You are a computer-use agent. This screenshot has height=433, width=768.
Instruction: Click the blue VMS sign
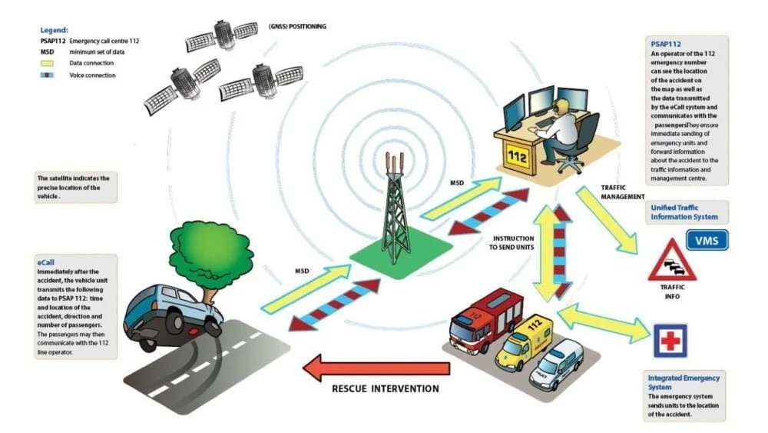pos(707,240)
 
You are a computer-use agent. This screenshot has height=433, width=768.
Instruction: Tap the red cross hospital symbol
pos(670,341)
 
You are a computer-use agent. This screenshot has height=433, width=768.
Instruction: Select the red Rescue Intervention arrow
pos(376,368)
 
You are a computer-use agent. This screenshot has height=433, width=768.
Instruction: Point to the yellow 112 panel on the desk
pos(517,158)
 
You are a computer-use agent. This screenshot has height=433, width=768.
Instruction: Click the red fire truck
pos(486,319)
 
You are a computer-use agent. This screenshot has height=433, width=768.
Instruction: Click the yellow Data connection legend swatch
pos(47,63)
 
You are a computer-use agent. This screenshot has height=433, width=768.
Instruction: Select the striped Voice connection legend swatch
pos(47,75)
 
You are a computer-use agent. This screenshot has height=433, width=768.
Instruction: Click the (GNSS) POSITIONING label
pos(297,26)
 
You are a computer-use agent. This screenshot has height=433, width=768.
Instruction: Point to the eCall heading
pos(45,262)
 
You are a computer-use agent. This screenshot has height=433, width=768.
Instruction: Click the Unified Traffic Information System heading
pos(684,212)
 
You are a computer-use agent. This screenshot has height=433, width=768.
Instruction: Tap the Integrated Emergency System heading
pos(684,382)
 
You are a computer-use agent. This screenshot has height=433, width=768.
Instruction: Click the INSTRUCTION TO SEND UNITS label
pos(511,243)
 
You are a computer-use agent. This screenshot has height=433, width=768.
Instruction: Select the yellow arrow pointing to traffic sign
pos(607,220)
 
